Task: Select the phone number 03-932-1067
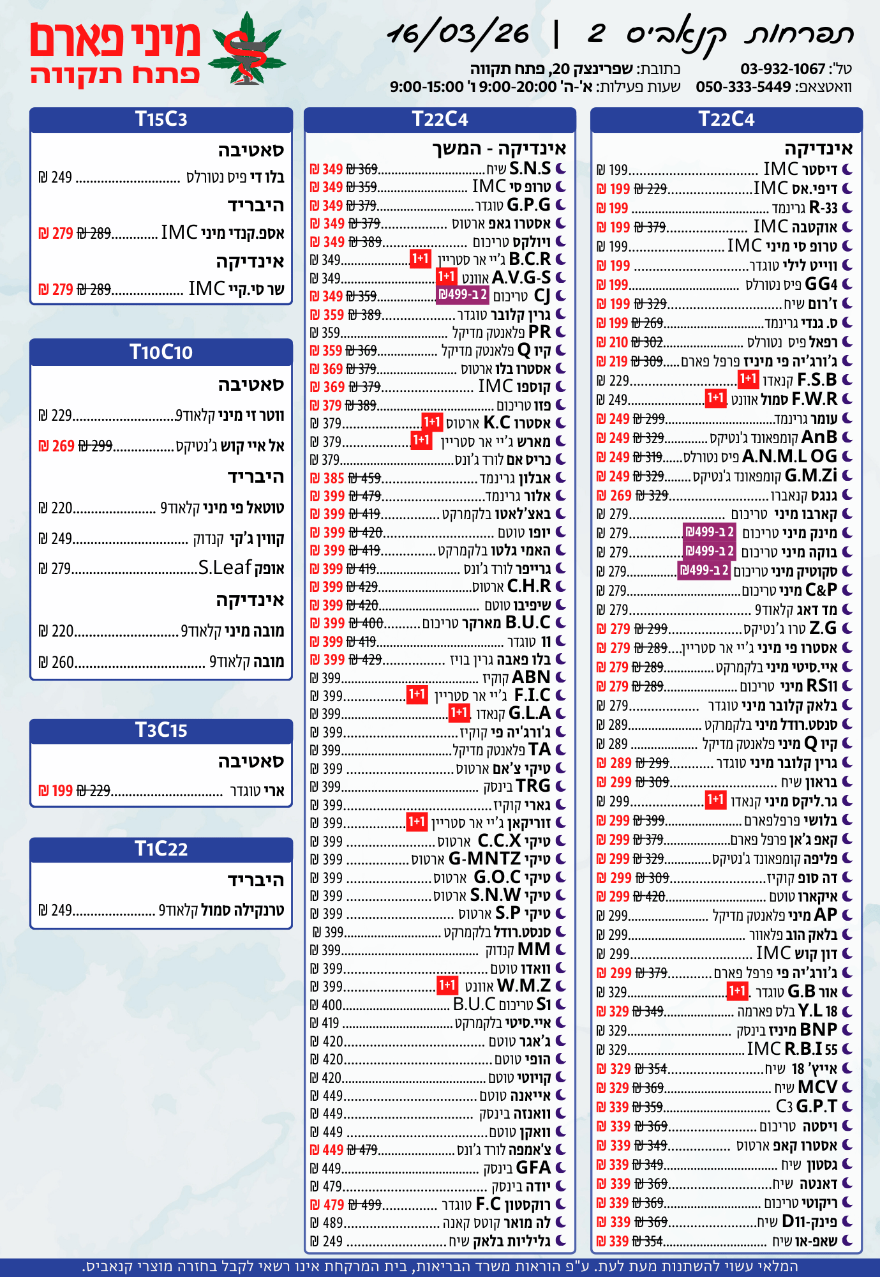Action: tap(783, 69)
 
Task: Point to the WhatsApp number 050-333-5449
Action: tap(743, 87)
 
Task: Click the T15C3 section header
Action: tap(161, 119)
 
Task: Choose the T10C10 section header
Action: tap(161, 352)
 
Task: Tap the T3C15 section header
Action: tap(161, 730)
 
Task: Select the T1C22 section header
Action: tap(161, 849)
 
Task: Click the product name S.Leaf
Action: tap(225, 568)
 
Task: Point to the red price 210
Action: tap(618, 342)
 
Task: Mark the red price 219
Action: tap(618, 361)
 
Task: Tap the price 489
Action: tap(332, 1223)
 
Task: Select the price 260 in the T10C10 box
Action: tap(63, 662)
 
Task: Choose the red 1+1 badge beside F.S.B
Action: tap(748, 380)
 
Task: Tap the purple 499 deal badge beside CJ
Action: tap(463, 295)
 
